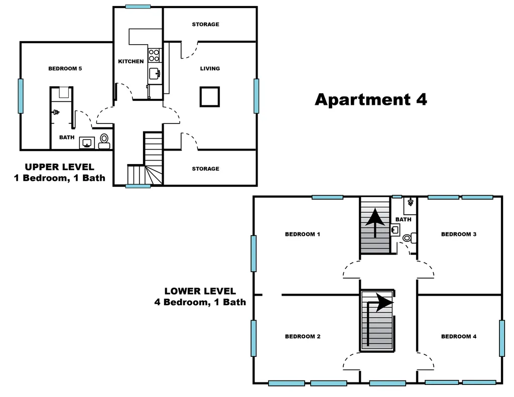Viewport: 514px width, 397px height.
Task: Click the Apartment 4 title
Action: (371, 100)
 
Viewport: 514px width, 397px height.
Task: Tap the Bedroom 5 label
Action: (65, 69)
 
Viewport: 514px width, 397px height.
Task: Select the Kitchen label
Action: (131, 61)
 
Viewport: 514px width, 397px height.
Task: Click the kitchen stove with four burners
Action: (154, 55)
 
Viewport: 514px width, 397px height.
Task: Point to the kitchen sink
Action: (155, 73)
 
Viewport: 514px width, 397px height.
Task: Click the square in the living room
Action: (210, 97)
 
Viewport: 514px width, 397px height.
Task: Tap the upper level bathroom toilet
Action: (104, 142)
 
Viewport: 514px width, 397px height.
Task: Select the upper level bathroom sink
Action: (87, 143)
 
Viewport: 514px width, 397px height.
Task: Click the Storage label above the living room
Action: (205, 24)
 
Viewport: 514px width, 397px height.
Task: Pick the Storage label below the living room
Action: (205, 169)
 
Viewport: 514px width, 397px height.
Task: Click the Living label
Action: (210, 69)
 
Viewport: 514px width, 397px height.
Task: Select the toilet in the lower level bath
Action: (410, 238)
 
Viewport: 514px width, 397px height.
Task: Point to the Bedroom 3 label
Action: (459, 234)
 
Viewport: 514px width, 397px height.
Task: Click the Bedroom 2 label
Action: (303, 336)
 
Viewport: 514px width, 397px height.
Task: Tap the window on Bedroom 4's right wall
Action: (502, 338)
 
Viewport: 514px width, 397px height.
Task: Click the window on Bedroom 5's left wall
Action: (21, 96)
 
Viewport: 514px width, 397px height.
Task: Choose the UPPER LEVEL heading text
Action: (60, 167)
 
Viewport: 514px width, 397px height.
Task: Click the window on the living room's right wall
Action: (256, 96)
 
